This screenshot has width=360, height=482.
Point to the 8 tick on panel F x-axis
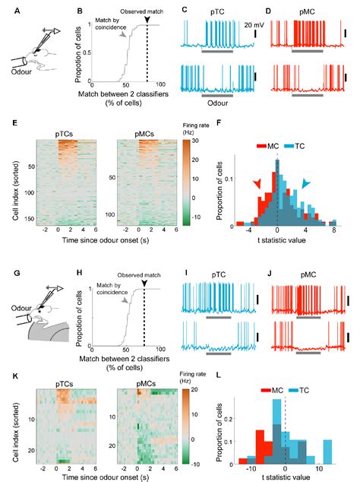333,236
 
